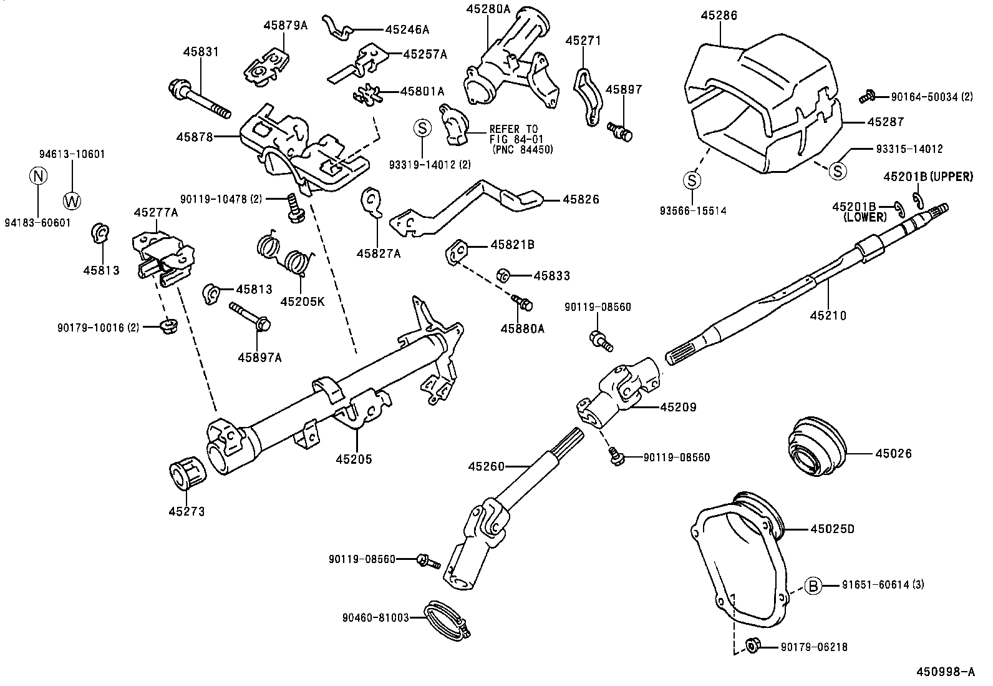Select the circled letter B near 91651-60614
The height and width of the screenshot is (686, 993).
[x=813, y=586]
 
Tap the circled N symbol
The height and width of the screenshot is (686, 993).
[x=39, y=176]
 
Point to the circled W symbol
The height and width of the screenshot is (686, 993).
[x=72, y=200]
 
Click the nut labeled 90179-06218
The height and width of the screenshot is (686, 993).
[x=752, y=647]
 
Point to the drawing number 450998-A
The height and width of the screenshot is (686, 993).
[x=944, y=672]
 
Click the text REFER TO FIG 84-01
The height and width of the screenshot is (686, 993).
[x=513, y=134]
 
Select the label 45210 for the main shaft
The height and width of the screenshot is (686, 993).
[x=828, y=316]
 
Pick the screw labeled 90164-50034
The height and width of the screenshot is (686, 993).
[x=866, y=97]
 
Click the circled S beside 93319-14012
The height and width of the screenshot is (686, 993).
[x=422, y=129]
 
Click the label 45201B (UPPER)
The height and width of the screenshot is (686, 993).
[x=928, y=177]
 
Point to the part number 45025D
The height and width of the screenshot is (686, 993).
[x=831, y=529]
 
